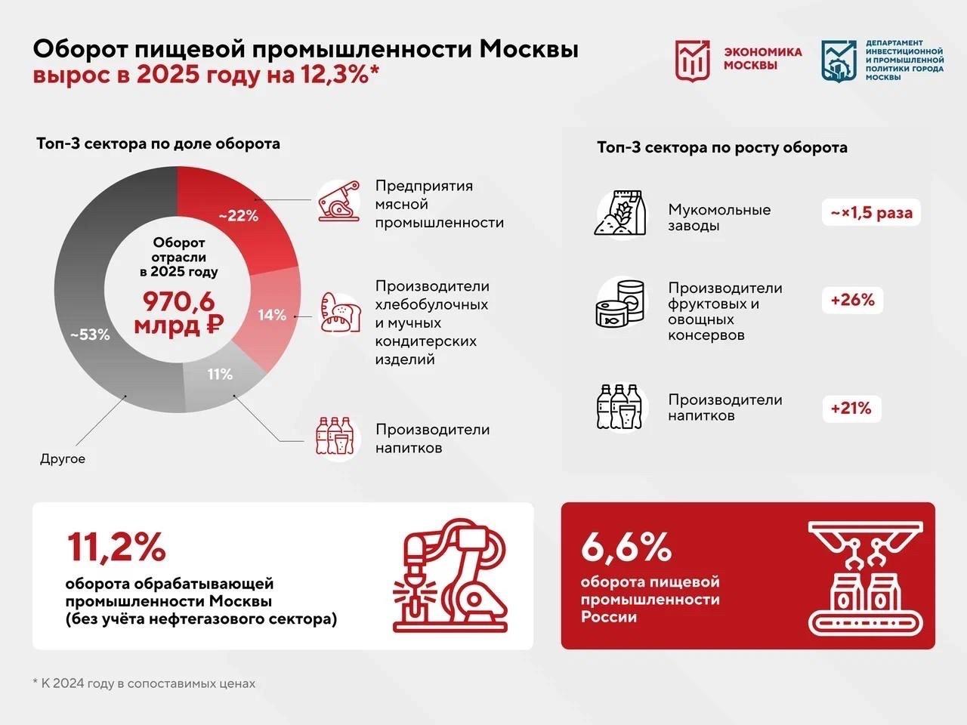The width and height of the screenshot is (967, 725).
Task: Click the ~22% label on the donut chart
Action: click(239, 216)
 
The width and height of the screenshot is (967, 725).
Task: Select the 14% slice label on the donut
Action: click(272, 315)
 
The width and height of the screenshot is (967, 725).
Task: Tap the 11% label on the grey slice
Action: click(220, 374)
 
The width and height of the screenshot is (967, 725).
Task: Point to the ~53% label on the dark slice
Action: click(90, 335)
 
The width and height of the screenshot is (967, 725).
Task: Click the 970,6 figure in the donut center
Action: click(178, 302)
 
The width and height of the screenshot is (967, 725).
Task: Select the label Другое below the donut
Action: click(63, 458)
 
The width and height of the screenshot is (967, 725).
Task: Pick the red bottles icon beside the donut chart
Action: click(335, 437)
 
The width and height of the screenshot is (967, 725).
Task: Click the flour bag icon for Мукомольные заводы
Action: click(620, 213)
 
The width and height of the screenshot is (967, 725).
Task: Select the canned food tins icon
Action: click(621, 304)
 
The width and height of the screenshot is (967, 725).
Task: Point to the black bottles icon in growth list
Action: click(619, 408)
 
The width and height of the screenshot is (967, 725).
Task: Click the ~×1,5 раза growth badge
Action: click(871, 213)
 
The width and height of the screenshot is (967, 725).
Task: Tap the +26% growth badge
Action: click(852, 301)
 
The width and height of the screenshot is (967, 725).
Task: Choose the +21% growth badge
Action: click(851, 409)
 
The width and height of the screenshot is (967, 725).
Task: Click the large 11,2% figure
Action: click(116, 548)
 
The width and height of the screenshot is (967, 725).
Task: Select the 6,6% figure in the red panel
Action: click(626, 547)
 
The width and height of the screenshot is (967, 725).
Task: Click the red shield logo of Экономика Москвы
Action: click(692, 60)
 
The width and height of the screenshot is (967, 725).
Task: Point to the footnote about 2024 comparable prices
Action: click(144, 683)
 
